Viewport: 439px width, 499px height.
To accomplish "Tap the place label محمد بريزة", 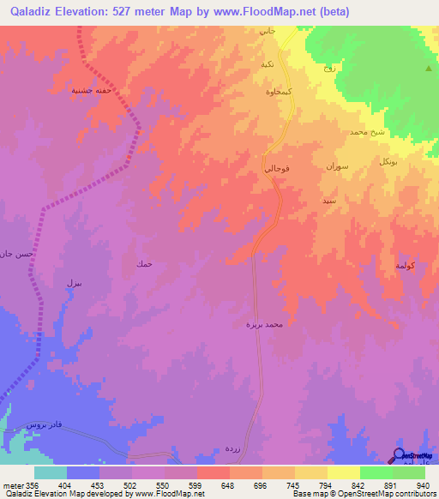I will coord(262,325).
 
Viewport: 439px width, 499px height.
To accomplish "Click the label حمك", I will coord(144,263).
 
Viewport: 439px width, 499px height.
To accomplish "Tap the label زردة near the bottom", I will coord(232,448).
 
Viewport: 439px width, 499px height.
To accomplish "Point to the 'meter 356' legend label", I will coord(17,484).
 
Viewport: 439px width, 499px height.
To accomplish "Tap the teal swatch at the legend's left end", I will coord(51,472).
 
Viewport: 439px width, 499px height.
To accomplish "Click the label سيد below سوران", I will coord(329,200).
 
